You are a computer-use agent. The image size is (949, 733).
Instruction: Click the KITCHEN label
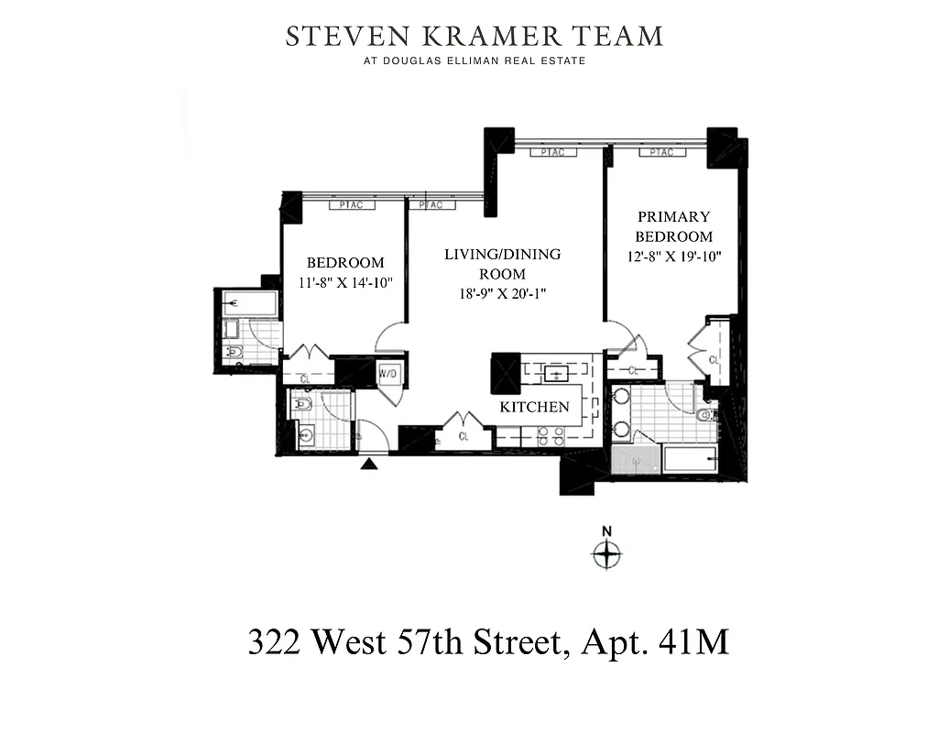coord(534,407)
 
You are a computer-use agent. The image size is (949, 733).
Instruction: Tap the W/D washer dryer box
coord(387,374)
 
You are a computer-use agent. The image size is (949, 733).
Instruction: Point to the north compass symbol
coord(605,552)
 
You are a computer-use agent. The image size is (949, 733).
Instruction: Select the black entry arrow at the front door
coord(368,464)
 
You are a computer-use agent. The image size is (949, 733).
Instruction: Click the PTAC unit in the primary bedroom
coord(662,152)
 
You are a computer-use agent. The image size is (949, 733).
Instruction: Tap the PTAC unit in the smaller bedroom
coord(351,205)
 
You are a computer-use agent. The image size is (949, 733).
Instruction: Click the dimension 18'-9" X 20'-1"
coord(502,294)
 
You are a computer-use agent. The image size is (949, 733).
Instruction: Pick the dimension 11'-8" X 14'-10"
coord(345,282)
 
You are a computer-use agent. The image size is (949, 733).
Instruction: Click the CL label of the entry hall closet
coord(464,437)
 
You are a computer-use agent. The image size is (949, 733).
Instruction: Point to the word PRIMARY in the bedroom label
coord(673,217)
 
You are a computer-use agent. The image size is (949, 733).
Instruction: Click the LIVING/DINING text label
coord(502,254)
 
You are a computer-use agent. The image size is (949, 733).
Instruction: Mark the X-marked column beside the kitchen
coord(506,373)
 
